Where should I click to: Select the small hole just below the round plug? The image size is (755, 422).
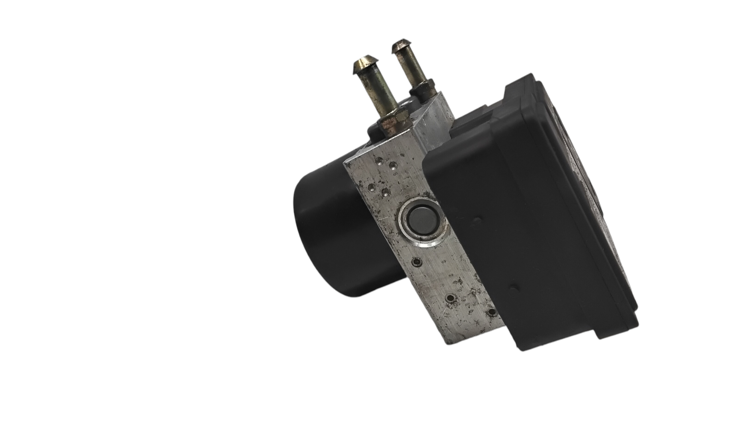tap(416, 261)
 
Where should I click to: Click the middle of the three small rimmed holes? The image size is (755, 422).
tap(450, 299)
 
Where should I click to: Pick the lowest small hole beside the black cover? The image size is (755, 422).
tap(492, 312)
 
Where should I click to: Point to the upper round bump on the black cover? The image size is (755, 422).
tap(479, 219)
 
